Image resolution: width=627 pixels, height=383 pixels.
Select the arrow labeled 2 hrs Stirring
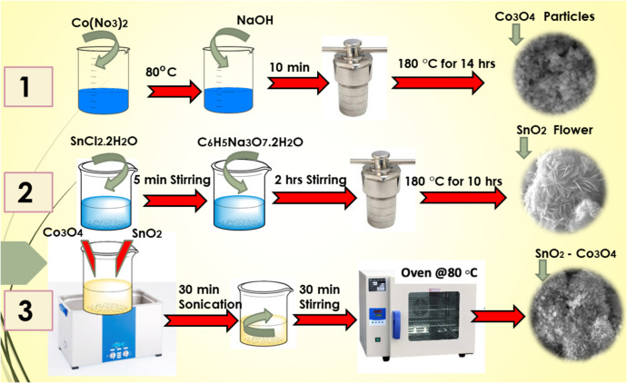pyautogui.click(x=309, y=192)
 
